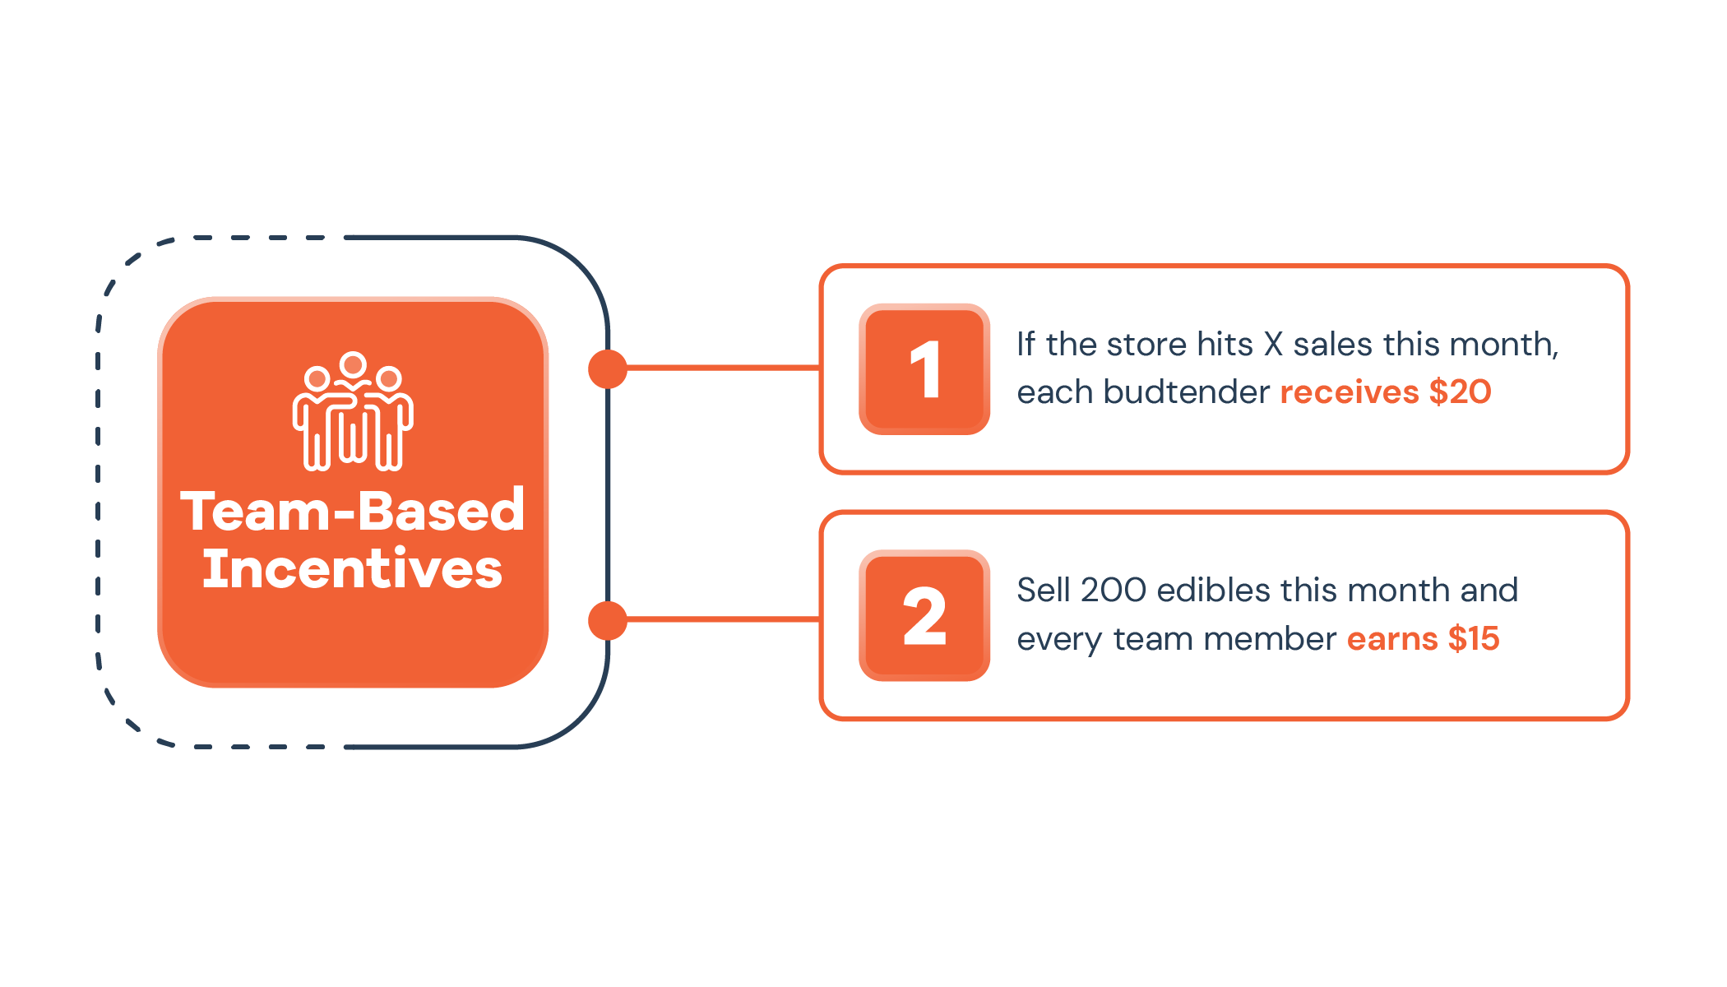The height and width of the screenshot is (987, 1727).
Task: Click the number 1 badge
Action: coord(924,369)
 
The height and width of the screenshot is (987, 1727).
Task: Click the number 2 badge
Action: coord(924,615)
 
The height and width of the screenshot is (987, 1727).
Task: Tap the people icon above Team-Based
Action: coord(353,411)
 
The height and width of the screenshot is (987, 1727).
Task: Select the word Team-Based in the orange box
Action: coord(353,511)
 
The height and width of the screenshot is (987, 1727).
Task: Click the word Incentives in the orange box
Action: coord(353,568)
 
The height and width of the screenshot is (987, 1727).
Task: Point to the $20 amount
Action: coord(1460,392)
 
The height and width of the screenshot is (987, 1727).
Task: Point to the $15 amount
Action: coord(1474,638)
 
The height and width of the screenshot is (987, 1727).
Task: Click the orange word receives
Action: coord(1350,392)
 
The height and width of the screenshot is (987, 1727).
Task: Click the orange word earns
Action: coord(1392,639)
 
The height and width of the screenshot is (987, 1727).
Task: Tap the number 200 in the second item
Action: coord(1114,591)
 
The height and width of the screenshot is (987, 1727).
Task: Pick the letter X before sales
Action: coord(1273,345)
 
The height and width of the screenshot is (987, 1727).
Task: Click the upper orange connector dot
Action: coord(608,368)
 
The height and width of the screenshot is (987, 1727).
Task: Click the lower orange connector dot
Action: coord(608,620)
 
